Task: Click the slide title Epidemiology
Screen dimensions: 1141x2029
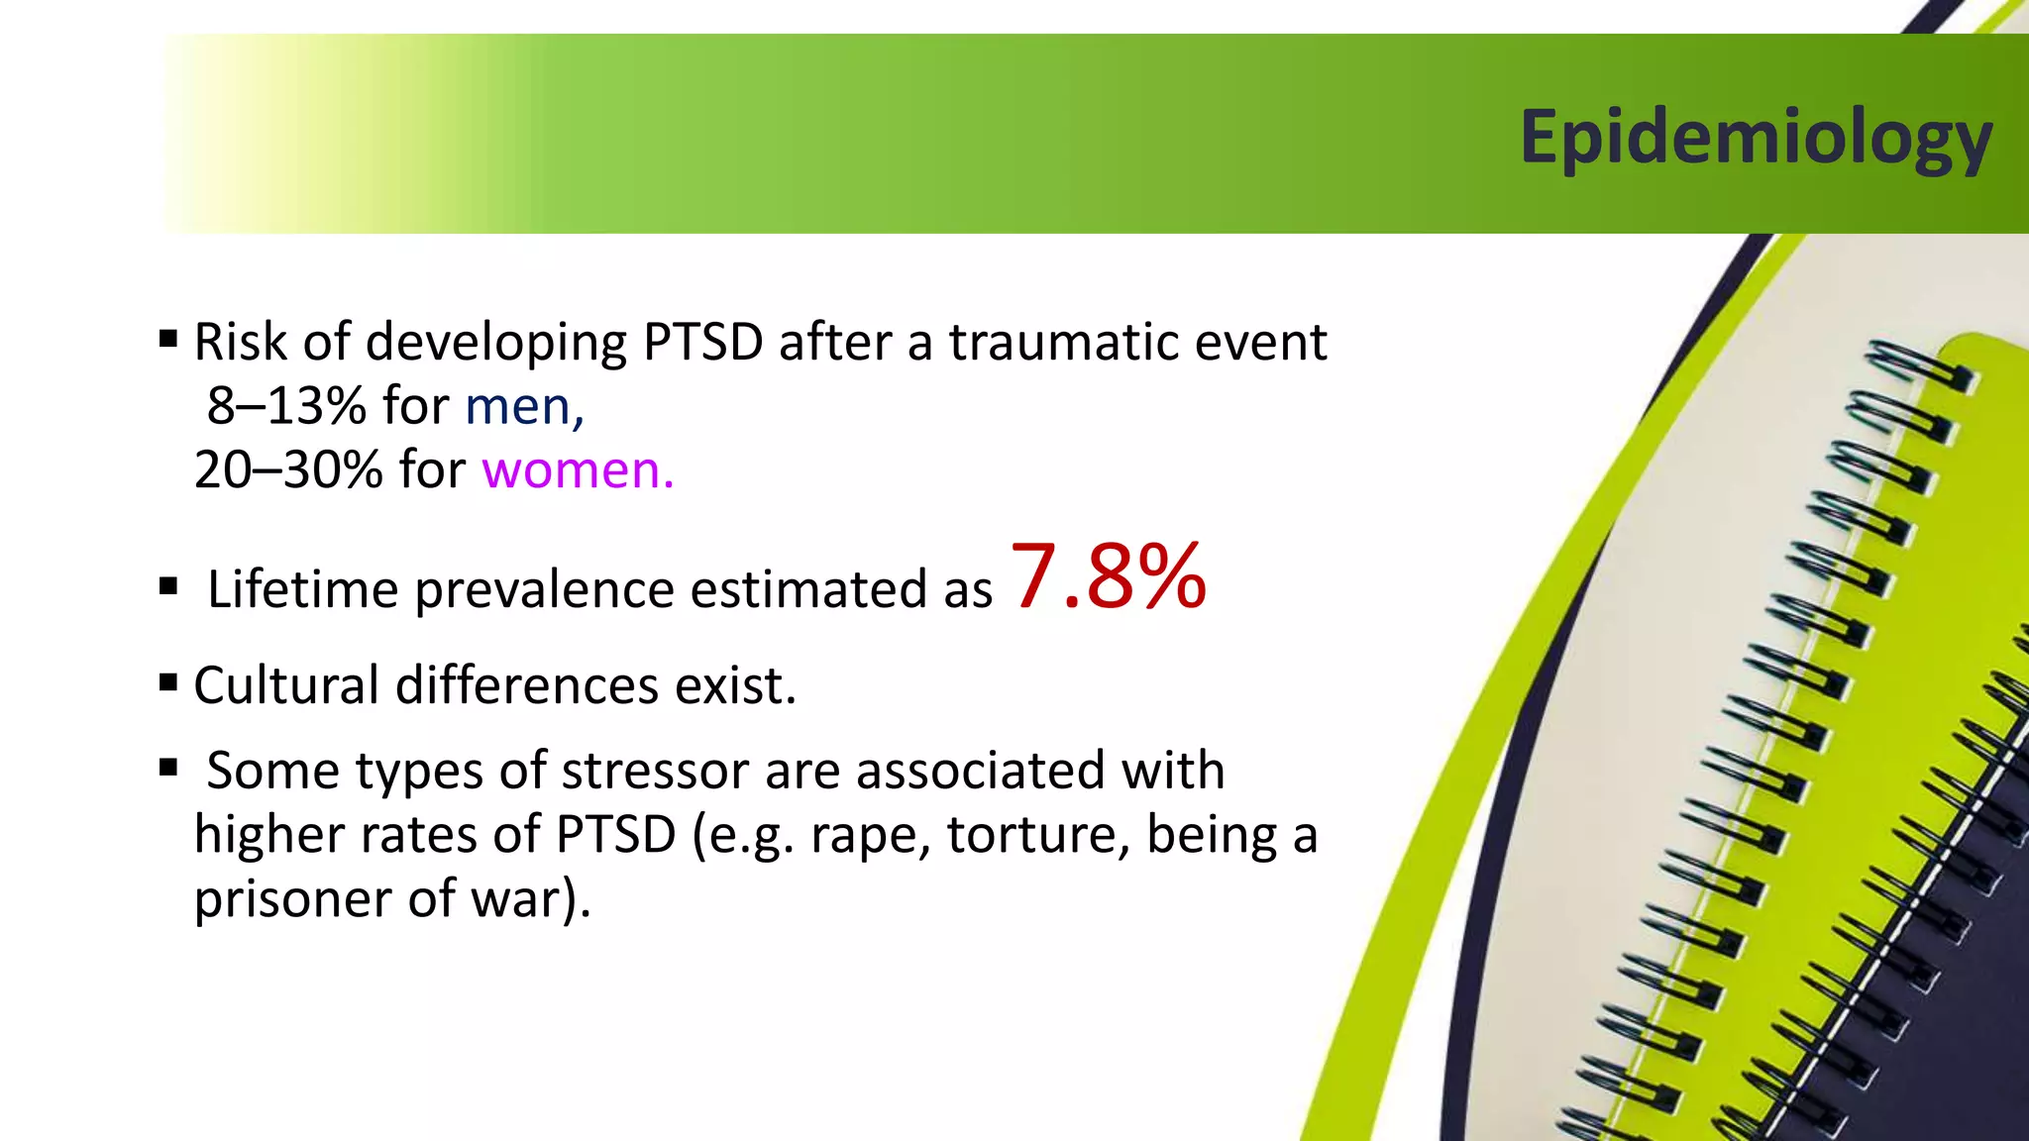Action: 1756,139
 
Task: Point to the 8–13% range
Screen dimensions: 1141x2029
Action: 286,406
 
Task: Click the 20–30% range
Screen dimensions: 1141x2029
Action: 288,469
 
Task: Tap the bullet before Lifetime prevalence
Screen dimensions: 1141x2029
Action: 168,586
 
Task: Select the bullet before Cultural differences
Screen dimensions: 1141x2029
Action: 168,682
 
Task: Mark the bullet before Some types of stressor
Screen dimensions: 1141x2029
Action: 168,768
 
